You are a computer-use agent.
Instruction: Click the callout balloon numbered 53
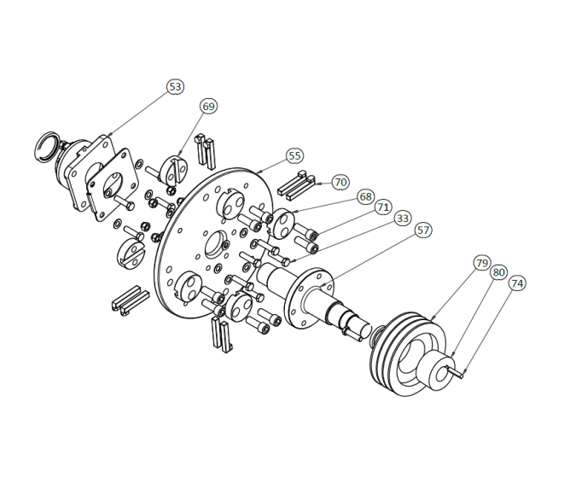pos(175,87)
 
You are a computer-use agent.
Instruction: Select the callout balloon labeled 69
pos(208,106)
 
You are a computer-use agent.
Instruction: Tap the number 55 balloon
pos(294,156)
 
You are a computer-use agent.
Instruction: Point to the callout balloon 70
pos(340,182)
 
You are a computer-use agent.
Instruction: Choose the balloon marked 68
pos(365,196)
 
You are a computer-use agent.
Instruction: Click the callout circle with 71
pos(383,207)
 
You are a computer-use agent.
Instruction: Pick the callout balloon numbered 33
pos(403,219)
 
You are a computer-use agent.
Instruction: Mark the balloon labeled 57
pos(423,230)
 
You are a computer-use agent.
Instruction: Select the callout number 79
pos(482,262)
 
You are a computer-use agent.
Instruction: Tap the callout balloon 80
pos(499,272)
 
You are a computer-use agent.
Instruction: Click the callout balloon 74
pos(516,283)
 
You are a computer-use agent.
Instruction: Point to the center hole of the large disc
pos(213,246)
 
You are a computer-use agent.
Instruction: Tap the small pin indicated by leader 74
pos(459,372)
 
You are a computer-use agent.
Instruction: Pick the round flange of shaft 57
pos(308,299)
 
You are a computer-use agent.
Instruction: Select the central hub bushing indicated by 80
pos(438,369)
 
